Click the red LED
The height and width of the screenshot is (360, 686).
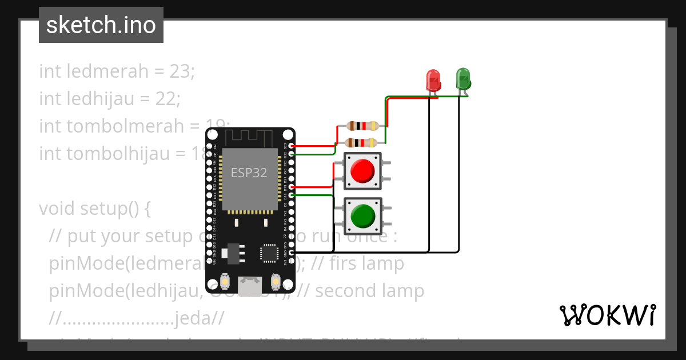coord(433,79)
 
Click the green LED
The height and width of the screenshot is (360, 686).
coord(462,78)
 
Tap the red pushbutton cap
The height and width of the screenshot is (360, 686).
coord(362,171)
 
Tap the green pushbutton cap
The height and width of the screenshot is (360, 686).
coord(362,216)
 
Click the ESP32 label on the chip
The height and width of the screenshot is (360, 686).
coord(249,173)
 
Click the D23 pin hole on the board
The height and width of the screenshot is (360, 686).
coord(292,146)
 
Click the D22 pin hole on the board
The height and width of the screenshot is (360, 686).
coord(292,154)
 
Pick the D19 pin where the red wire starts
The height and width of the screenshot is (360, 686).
coord(292,187)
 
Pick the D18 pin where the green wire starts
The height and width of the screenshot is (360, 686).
coord(292,195)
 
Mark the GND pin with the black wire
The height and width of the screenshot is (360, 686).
coord(292,252)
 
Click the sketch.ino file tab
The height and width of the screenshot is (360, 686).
coord(101,25)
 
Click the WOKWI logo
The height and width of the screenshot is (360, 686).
coord(607,315)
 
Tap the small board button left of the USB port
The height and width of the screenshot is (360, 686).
coord(226,282)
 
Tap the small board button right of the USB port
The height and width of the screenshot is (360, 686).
coord(276,282)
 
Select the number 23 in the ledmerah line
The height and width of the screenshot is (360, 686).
coord(182,71)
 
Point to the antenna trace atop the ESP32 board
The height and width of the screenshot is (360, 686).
coord(250,138)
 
